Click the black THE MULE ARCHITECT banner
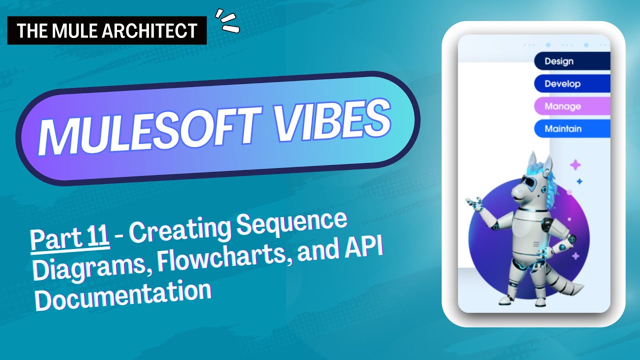(x=107, y=31)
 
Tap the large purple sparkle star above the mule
(x=575, y=164)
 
